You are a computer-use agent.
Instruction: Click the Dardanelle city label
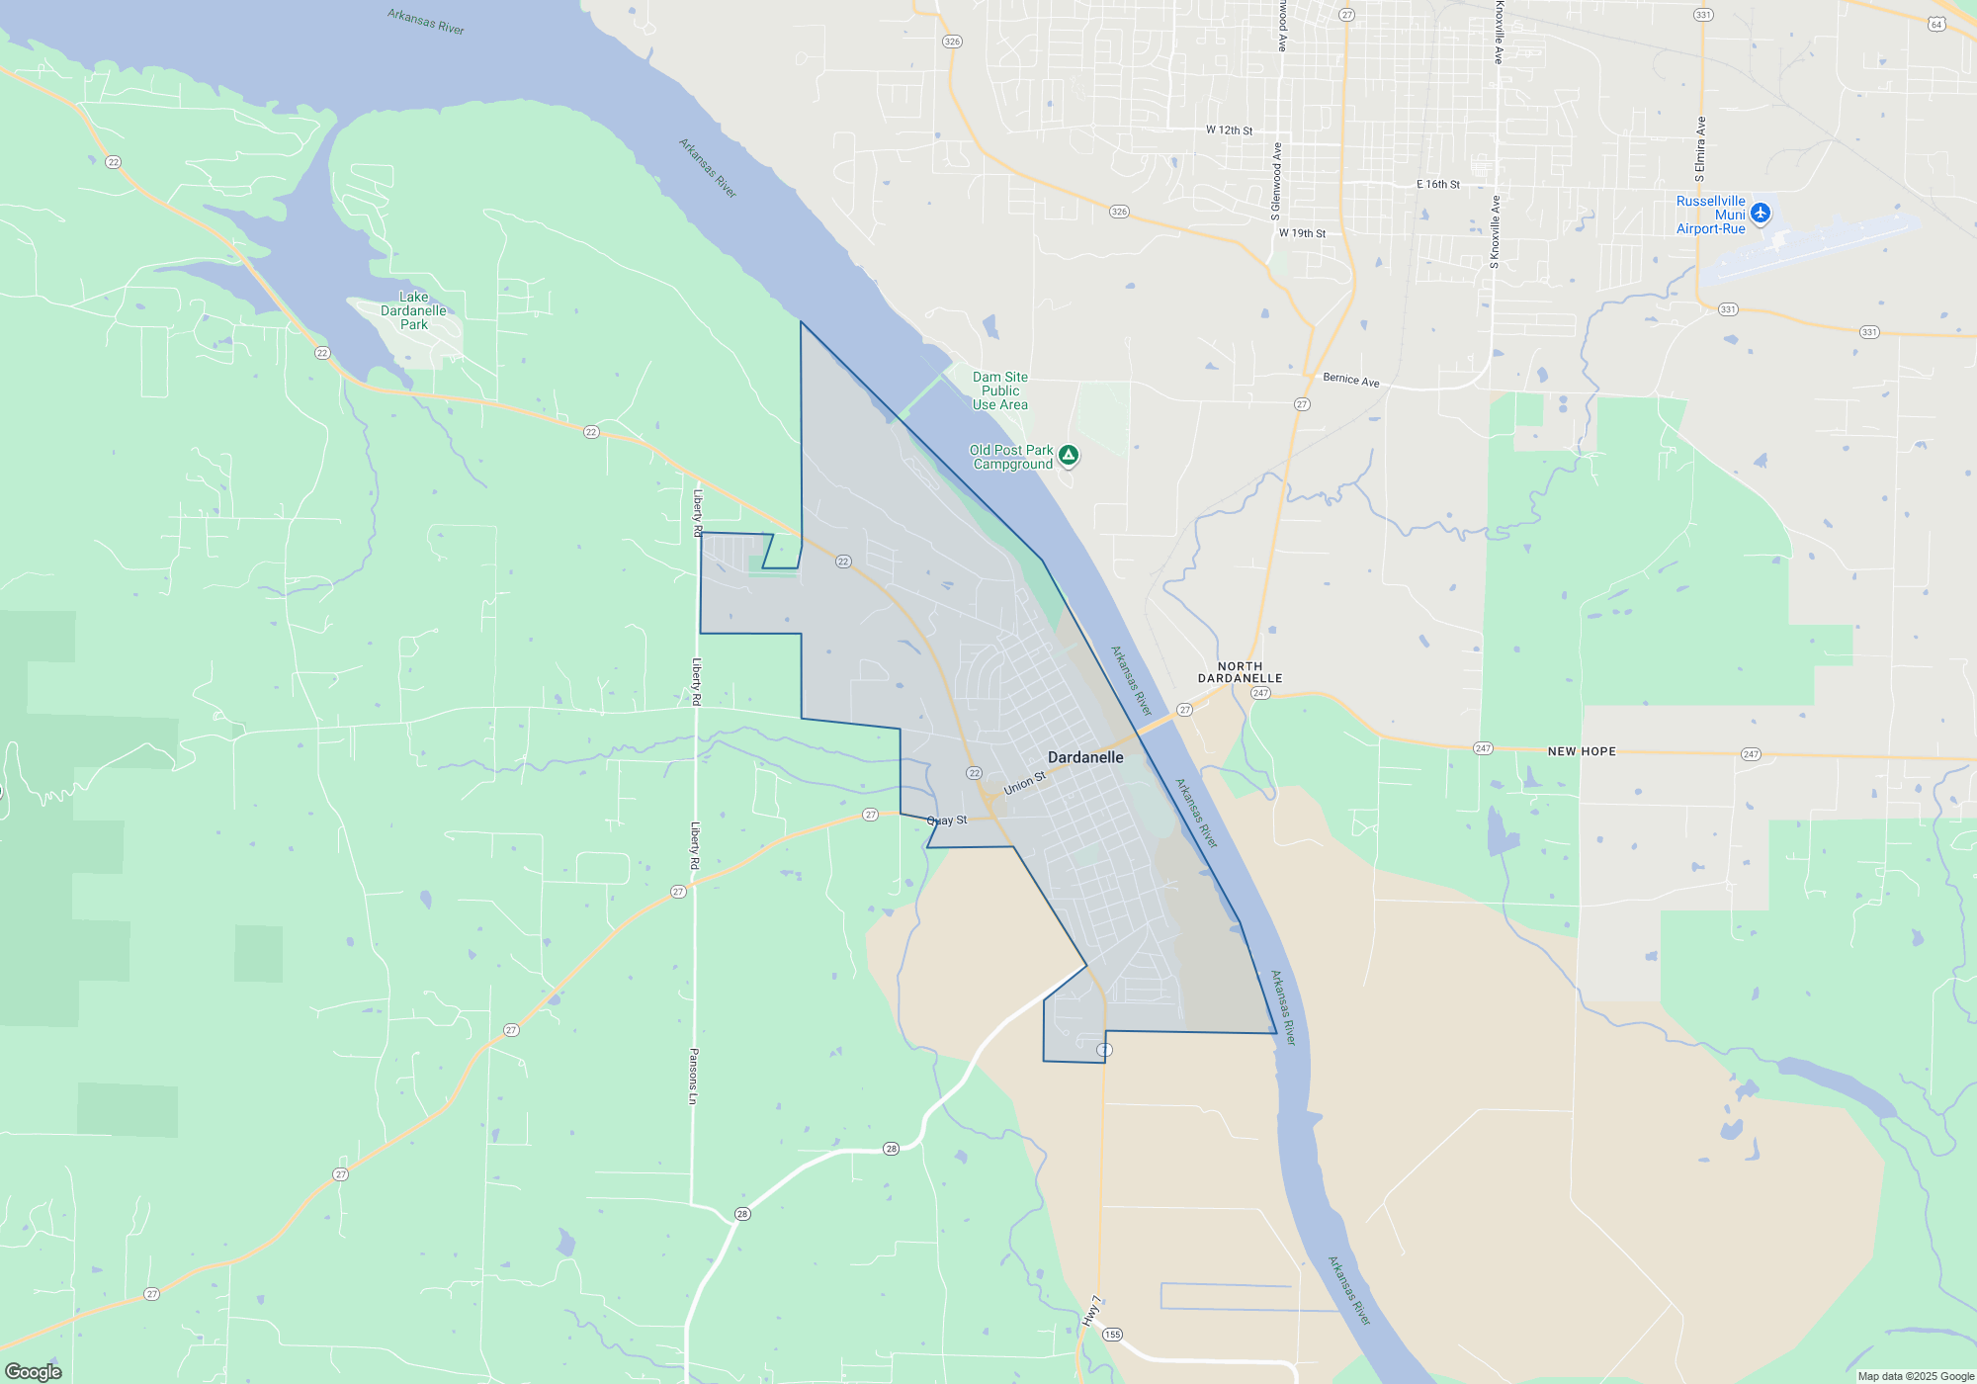coord(1085,757)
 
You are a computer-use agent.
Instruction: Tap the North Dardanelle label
coord(1240,672)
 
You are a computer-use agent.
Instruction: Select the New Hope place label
coord(1582,751)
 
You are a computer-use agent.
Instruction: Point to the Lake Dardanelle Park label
coord(413,310)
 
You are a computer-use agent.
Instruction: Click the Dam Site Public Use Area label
coord(999,390)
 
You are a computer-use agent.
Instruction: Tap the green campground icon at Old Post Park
coord(1068,456)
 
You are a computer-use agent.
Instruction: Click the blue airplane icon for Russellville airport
coord(1760,214)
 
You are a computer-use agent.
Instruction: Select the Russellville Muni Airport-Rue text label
coord(1710,215)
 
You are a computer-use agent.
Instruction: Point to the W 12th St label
coord(1229,130)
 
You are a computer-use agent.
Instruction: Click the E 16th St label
coord(1437,185)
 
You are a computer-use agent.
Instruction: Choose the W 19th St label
coord(1302,233)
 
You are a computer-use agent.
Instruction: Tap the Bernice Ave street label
coord(1350,380)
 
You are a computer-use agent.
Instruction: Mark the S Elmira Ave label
coord(1700,149)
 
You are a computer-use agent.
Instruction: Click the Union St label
coord(1024,784)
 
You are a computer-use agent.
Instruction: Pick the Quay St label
coord(947,821)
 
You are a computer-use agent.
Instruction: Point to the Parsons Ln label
coord(694,1077)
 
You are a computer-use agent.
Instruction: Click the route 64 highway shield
coord(1935,25)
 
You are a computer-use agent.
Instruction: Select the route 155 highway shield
coord(1112,1335)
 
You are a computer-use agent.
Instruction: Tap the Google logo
coord(34,1371)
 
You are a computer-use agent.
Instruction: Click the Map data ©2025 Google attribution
coord(1916,1376)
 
